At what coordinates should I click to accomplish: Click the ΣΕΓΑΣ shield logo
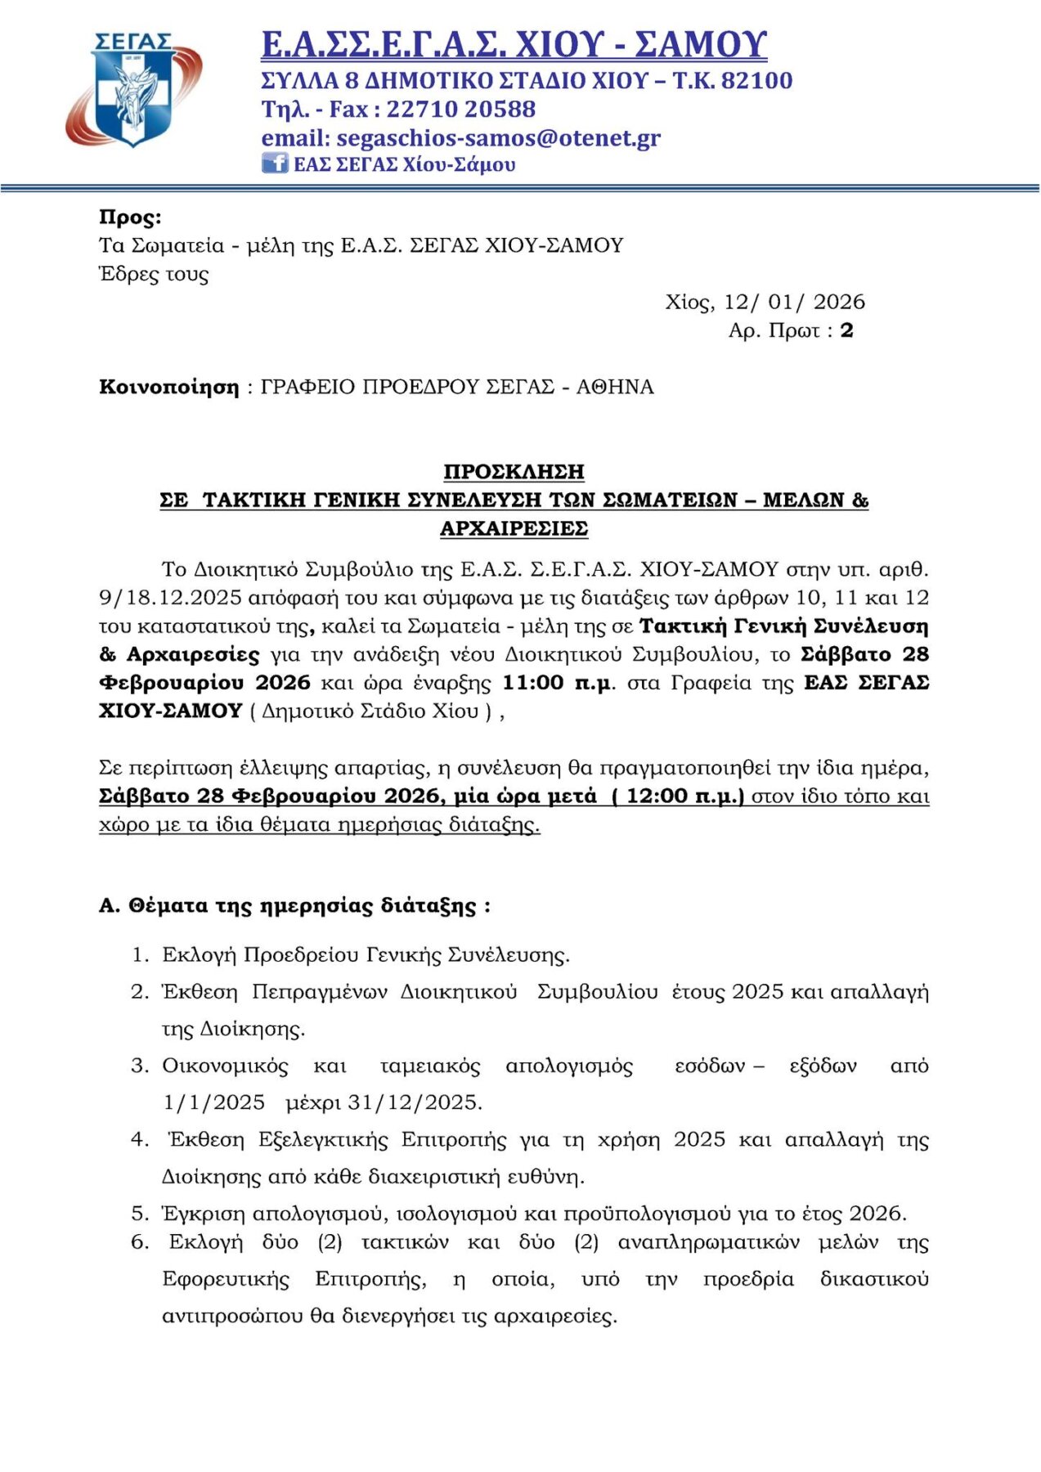(x=133, y=90)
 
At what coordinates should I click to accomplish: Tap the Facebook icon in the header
(x=274, y=163)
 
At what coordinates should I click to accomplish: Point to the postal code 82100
(x=756, y=80)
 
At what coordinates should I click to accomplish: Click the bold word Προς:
(x=130, y=217)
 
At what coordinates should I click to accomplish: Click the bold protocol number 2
(x=846, y=330)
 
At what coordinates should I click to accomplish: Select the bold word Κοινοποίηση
(x=168, y=387)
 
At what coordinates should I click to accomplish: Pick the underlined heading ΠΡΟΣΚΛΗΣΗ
(x=514, y=472)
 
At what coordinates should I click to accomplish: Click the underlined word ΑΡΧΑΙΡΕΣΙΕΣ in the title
(x=514, y=528)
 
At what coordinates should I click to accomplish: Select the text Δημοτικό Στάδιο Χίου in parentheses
(x=370, y=711)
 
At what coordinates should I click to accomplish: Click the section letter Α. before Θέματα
(x=110, y=906)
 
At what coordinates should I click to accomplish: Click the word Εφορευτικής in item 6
(x=226, y=1279)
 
